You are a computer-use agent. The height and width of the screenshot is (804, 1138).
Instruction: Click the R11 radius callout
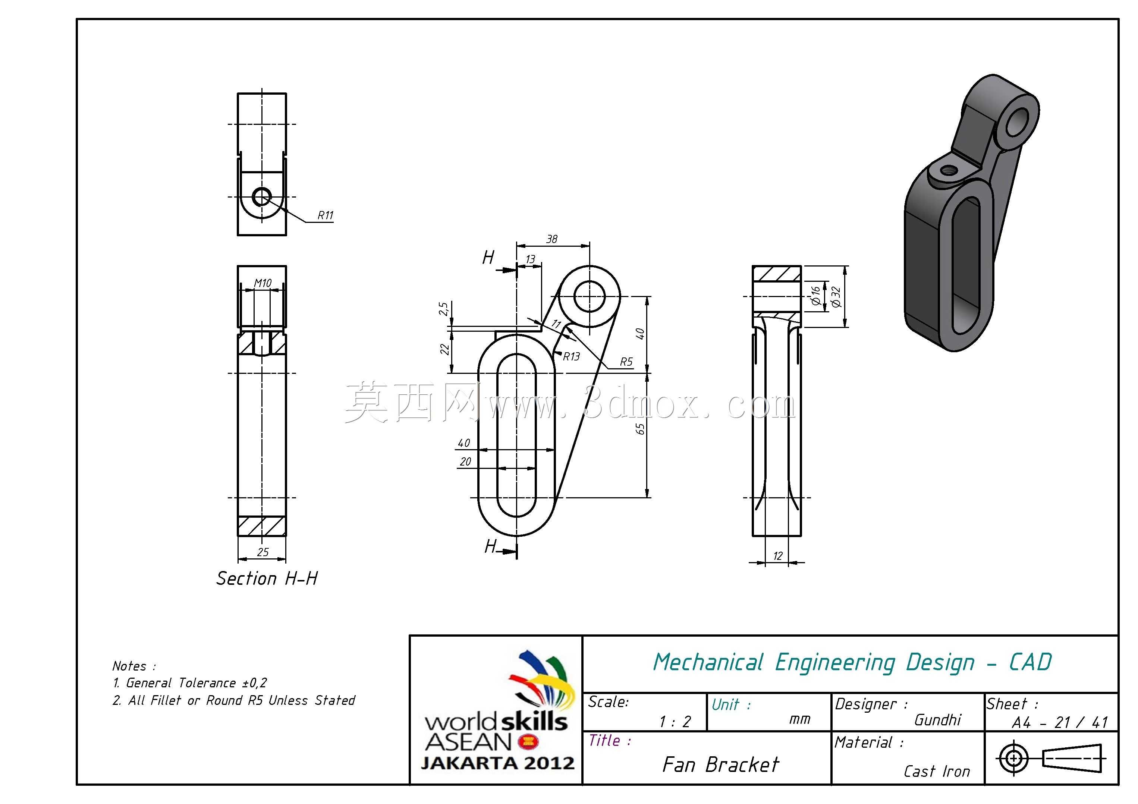point(325,215)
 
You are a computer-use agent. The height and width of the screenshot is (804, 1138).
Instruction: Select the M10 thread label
point(263,283)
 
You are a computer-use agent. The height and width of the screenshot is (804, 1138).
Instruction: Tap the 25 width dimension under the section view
point(263,552)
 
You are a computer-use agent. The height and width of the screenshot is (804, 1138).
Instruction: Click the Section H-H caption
point(267,578)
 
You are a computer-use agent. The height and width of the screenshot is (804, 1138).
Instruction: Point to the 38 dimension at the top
point(551,239)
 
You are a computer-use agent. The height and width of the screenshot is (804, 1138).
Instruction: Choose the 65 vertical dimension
point(640,429)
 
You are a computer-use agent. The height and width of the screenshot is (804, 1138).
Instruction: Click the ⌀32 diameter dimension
point(836,297)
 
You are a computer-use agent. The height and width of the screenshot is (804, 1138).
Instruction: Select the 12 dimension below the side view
point(778,556)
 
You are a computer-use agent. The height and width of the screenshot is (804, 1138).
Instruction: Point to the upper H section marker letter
point(488,258)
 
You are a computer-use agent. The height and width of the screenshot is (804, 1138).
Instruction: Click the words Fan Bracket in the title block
point(721,765)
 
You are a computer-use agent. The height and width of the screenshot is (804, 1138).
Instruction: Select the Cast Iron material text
point(937,771)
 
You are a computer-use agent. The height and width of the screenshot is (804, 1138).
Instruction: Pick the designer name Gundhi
point(938,720)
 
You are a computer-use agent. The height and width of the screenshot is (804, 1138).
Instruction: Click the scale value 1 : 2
point(675,722)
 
